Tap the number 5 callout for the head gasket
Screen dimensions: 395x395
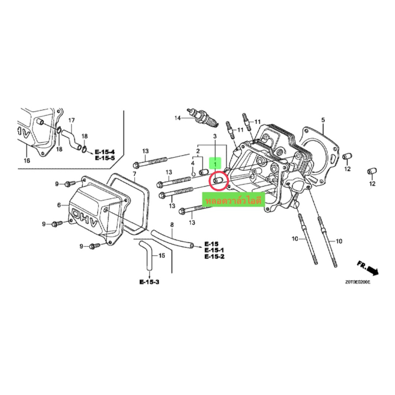coord(323,120)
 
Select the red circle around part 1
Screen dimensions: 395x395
coord(219,181)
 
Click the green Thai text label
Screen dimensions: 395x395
coord(234,201)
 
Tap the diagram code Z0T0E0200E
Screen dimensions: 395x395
coord(357,282)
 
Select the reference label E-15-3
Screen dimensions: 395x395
coord(150,282)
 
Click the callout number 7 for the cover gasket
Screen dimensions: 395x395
coord(134,174)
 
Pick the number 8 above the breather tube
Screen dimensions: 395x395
coord(172,225)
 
